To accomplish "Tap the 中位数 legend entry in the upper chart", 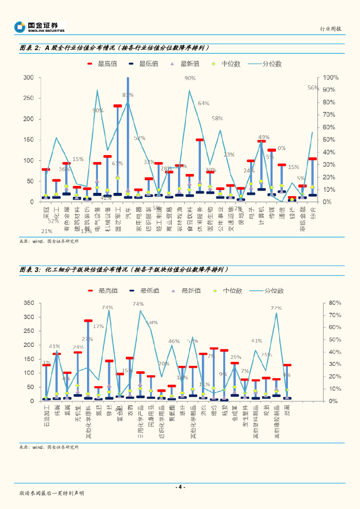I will tap(226, 64).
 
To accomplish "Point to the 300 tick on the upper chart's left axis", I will tap(28, 78).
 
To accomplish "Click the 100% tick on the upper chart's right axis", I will tap(331, 78).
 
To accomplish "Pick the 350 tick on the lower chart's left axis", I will tap(28, 303).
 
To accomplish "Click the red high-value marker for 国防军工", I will tap(118, 106).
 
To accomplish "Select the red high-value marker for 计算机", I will tap(262, 141).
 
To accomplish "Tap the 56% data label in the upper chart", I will tap(313, 87).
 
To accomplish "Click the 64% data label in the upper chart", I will tap(203, 103).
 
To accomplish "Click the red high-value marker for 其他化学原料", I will tap(88, 321).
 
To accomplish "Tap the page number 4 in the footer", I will tap(180, 487).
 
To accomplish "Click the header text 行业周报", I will tap(330, 29).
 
